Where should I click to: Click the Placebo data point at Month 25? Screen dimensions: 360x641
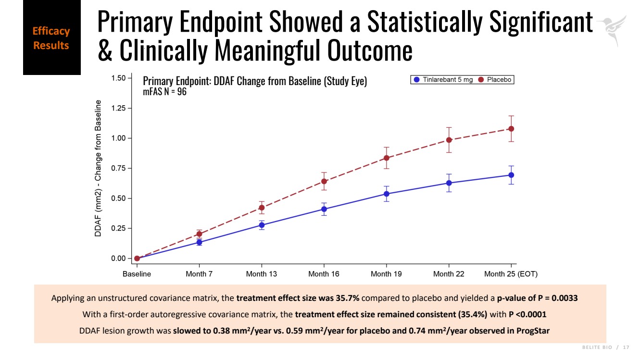[511, 129]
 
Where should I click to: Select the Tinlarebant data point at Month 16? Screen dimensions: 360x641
[324, 209]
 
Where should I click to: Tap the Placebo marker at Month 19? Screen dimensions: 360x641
[387, 158]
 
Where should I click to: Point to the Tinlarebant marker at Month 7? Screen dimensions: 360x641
[199, 242]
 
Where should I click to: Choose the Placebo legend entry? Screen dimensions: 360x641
[496, 80]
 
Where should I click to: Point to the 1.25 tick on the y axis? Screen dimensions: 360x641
[118, 108]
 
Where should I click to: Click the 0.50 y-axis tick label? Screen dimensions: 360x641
[118, 198]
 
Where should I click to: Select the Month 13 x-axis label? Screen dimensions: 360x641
[262, 274]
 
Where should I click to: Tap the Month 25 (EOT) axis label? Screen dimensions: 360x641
[511, 274]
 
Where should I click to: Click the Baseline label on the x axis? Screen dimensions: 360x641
[137, 274]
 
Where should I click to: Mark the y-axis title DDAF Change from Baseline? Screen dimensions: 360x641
[98, 168]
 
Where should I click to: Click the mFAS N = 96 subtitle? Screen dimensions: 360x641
[164, 92]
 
